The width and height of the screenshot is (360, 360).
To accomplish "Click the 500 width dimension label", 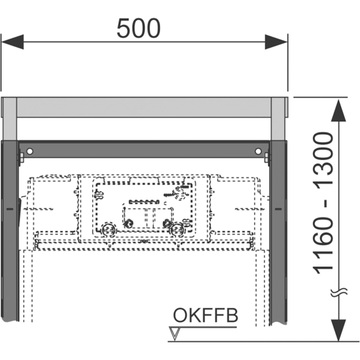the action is click(x=139, y=28).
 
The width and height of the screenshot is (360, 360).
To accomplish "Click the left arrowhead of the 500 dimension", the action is click(x=13, y=42).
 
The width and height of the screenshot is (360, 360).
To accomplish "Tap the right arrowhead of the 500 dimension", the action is click(x=276, y=42).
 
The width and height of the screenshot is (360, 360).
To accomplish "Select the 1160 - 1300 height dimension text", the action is click(x=323, y=203).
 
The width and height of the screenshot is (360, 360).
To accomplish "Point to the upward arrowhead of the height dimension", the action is click(x=338, y=110).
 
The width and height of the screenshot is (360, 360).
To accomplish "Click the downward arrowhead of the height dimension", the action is click(x=338, y=330).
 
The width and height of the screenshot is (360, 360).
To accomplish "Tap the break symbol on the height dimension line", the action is click(x=338, y=293).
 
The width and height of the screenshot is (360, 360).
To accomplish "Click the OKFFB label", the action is click(x=205, y=315).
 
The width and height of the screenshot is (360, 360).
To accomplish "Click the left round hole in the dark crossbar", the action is click(x=29, y=151).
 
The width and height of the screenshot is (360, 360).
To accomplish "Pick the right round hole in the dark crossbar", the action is click(x=258, y=151).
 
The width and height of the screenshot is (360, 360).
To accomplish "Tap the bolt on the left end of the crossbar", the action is click(x=21, y=158).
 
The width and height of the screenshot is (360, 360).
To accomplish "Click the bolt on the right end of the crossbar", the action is click(x=267, y=158).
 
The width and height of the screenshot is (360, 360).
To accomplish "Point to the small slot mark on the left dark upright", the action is click(x=10, y=209).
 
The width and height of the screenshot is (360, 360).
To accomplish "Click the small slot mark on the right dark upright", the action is click(x=278, y=209).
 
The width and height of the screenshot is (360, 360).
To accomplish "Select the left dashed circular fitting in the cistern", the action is click(x=109, y=229).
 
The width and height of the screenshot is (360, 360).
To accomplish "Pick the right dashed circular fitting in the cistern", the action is click(x=177, y=229).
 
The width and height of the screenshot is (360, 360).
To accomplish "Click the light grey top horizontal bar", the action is click(x=144, y=107).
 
